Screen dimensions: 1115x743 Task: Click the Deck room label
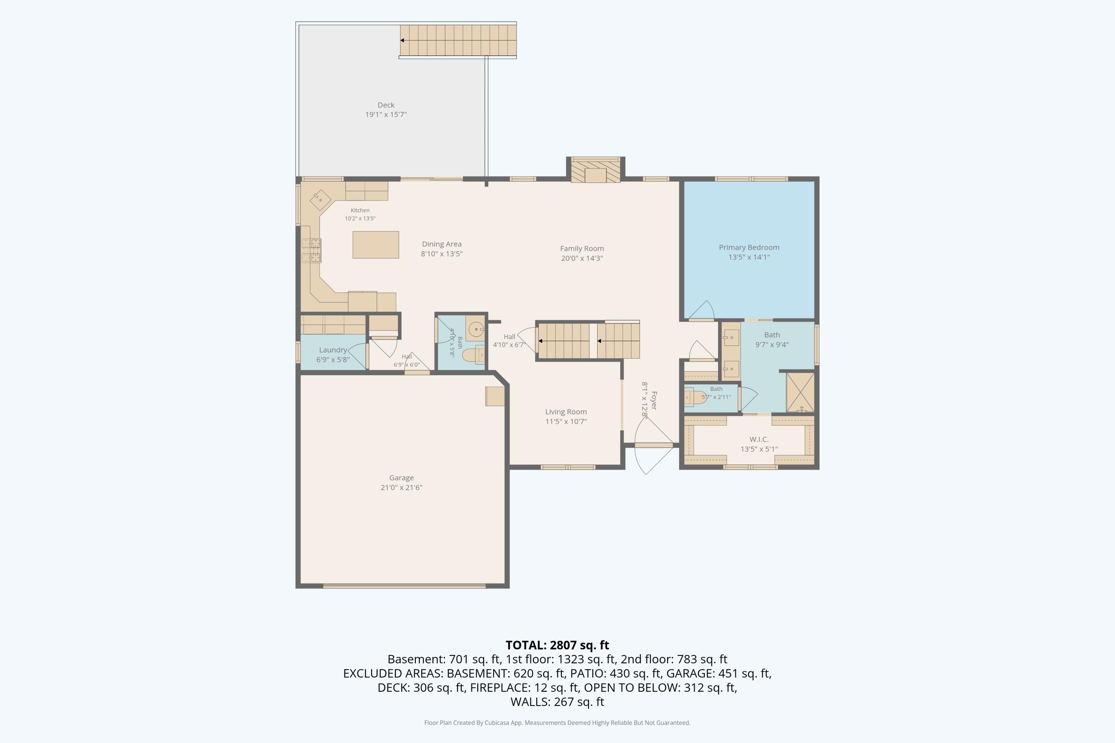[x=386, y=105]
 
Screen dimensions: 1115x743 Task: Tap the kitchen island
[x=375, y=244]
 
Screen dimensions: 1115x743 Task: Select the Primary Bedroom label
[x=749, y=247]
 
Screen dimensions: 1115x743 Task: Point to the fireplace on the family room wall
[x=595, y=170]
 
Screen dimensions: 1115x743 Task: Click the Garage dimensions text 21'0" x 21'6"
[x=401, y=487]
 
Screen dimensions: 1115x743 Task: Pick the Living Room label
[x=566, y=412]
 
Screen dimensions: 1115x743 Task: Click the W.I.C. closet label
[x=759, y=439]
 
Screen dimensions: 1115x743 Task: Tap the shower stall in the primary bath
[x=800, y=392]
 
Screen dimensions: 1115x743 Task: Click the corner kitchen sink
[x=320, y=200]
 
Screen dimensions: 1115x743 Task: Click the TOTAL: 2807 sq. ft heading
[x=557, y=645]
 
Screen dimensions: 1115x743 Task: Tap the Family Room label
[x=582, y=248]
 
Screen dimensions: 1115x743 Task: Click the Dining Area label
[x=442, y=244]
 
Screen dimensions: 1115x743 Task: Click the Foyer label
[x=654, y=400]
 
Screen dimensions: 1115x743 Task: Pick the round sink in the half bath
[x=475, y=329]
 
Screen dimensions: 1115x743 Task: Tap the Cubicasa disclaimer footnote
[x=557, y=723]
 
